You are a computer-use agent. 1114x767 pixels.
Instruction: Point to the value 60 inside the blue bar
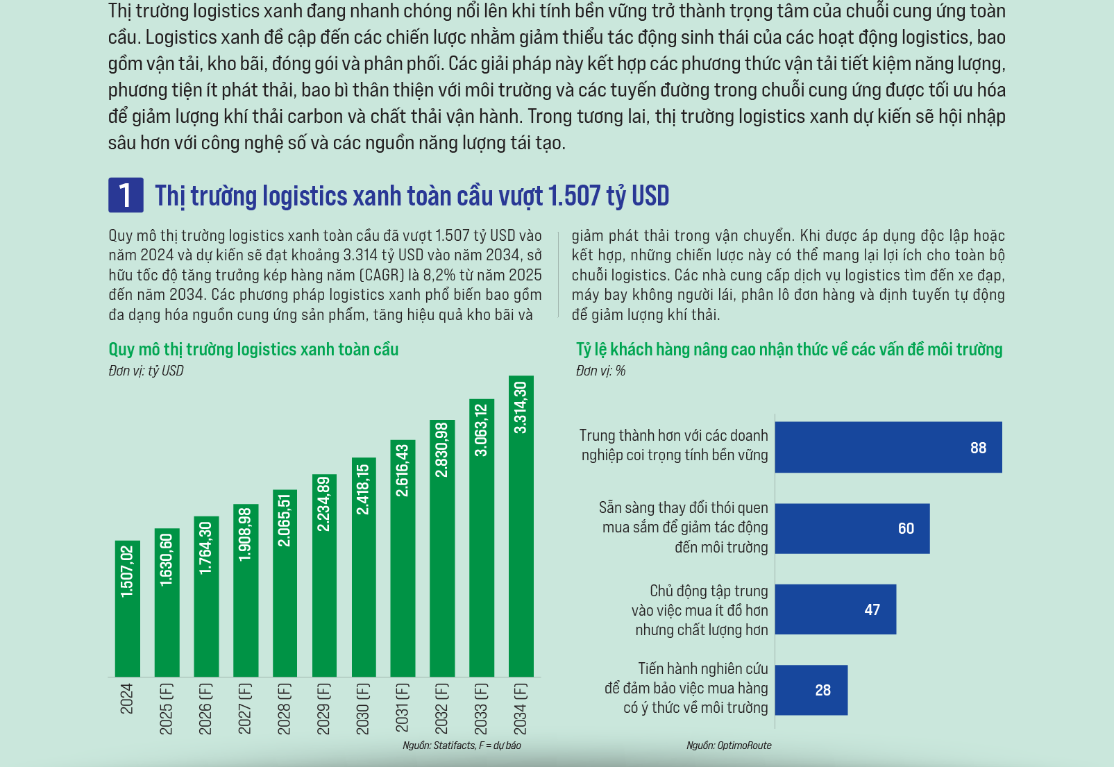pos(906,529)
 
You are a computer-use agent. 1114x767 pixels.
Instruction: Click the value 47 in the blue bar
pos(872,610)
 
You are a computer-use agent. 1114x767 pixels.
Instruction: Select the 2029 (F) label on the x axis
pos(324,708)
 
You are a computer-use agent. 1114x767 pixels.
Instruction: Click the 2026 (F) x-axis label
pos(206,708)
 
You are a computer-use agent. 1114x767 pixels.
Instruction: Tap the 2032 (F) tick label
pos(442,708)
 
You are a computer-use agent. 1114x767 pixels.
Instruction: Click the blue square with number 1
pos(126,195)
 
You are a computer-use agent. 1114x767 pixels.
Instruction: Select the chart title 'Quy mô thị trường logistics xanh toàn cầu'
pos(253,349)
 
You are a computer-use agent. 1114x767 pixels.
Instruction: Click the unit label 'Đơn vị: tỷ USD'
pos(146,371)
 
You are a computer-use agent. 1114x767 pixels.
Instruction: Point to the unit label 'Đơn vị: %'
pos(600,371)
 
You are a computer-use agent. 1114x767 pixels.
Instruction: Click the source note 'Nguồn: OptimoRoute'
pos(729,745)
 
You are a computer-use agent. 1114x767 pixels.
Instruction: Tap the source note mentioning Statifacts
pos(462,745)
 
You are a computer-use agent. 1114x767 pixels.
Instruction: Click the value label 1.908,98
pos(245,534)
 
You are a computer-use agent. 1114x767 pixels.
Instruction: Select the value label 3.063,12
pos(481,430)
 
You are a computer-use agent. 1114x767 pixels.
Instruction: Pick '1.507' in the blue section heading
pos(574,196)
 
